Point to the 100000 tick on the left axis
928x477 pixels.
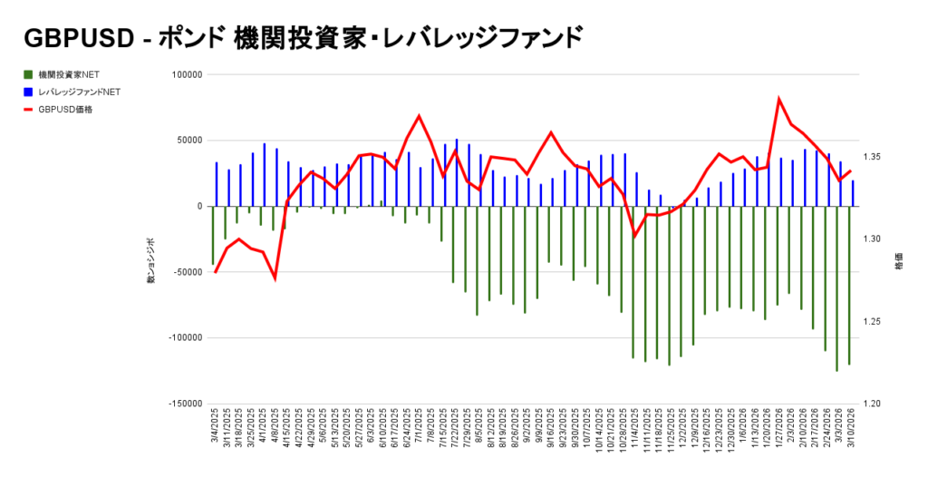click(x=186, y=75)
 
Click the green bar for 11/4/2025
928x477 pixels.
click(x=633, y=282)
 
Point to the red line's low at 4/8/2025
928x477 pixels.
click(x=275, y=278)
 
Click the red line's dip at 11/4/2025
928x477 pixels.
click(x=634, y=237)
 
